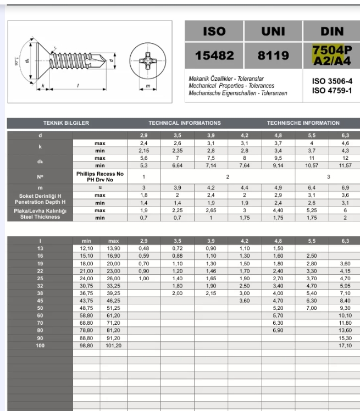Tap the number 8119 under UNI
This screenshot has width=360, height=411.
click(273, 56)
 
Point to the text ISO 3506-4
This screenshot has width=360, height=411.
click(332, 81)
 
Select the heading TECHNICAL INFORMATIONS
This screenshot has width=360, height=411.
click(185, 123)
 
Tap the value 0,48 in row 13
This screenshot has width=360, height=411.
click(144, 248)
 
